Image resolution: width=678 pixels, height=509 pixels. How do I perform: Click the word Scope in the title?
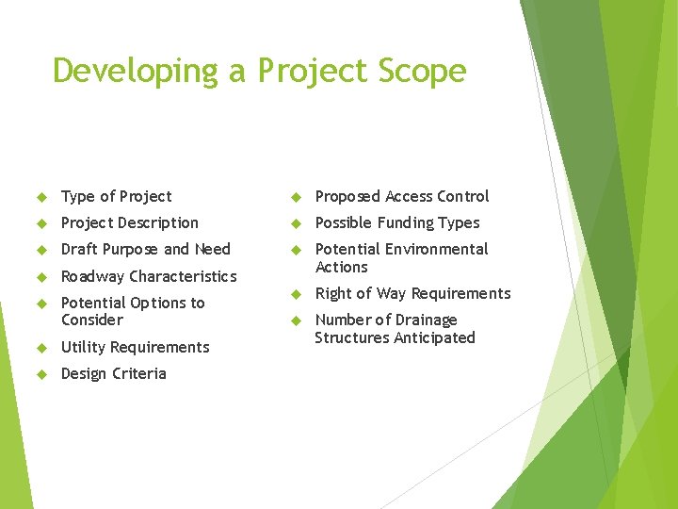click(421, 71)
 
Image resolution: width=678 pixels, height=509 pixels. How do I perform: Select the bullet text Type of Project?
click(116, 196)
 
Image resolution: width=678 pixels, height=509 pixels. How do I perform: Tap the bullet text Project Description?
click(129, 222)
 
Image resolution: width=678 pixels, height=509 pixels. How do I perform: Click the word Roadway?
click(92, 276)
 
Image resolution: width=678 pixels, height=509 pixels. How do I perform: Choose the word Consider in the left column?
click(91, 320)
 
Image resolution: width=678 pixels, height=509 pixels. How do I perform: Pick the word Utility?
click(82, 347)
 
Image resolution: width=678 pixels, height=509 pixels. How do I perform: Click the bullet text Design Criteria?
click(113, 373)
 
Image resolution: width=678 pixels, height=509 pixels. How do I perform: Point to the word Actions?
click(341, 267)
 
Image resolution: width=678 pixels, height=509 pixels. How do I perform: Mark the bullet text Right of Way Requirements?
click(412, 293)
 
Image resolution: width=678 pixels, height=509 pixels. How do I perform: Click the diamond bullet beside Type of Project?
click(41, 197)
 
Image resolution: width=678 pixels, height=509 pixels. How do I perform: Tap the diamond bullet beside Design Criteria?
click(41, 374)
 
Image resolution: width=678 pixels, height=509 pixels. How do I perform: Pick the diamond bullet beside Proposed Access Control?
click(295, 197)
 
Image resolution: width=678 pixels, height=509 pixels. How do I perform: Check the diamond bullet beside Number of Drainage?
click(295, 320)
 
